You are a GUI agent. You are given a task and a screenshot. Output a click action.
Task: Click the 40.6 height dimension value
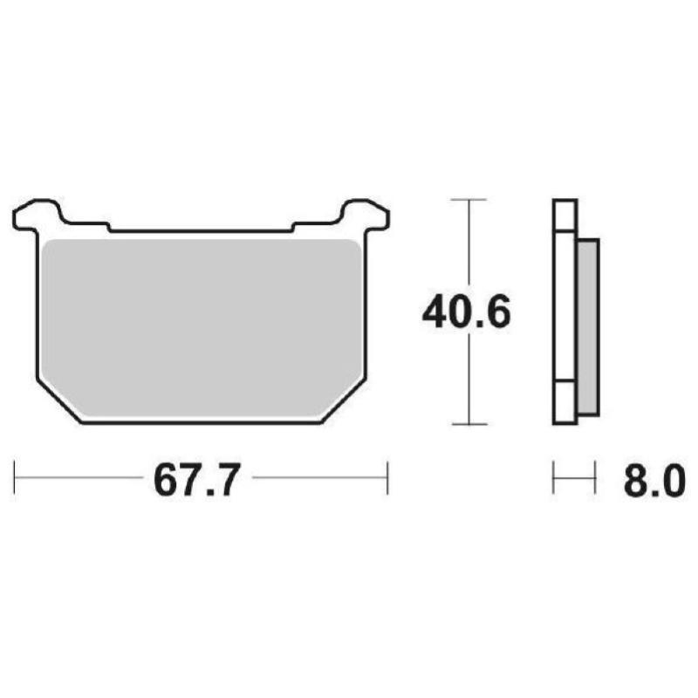pyautogui.click(x=466, y=312)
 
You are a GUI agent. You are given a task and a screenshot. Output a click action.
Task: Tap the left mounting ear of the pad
pyautogui.click(x=38, y=215)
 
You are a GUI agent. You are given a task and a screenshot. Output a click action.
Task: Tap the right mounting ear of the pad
pyautogui.click(x=365, y=215)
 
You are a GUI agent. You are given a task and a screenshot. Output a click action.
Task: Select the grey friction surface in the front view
pyautogui.click(x=201, y=323)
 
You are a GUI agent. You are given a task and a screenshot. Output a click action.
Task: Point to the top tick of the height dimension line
pyautogui.click(x=470, y=200)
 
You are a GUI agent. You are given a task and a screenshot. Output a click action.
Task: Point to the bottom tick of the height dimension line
pyautogui.click(x=470, y=425)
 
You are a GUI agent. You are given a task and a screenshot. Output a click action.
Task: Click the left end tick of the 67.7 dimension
pyautogui.click(x=16, y=478)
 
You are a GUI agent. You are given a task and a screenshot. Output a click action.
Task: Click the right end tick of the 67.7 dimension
pyautogui.click(x=387, y=478)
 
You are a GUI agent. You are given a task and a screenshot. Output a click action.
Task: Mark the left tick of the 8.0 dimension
pyautogui.click(x=554, y=478)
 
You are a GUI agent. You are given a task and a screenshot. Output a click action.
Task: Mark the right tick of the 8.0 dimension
pyautogui.click(x=595, y=478)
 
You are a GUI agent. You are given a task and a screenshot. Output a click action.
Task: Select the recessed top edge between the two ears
pyautogui.click(x=201, y=230)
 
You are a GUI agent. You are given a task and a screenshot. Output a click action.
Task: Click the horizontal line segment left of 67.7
pyautogui.click(x=79, y=478)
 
